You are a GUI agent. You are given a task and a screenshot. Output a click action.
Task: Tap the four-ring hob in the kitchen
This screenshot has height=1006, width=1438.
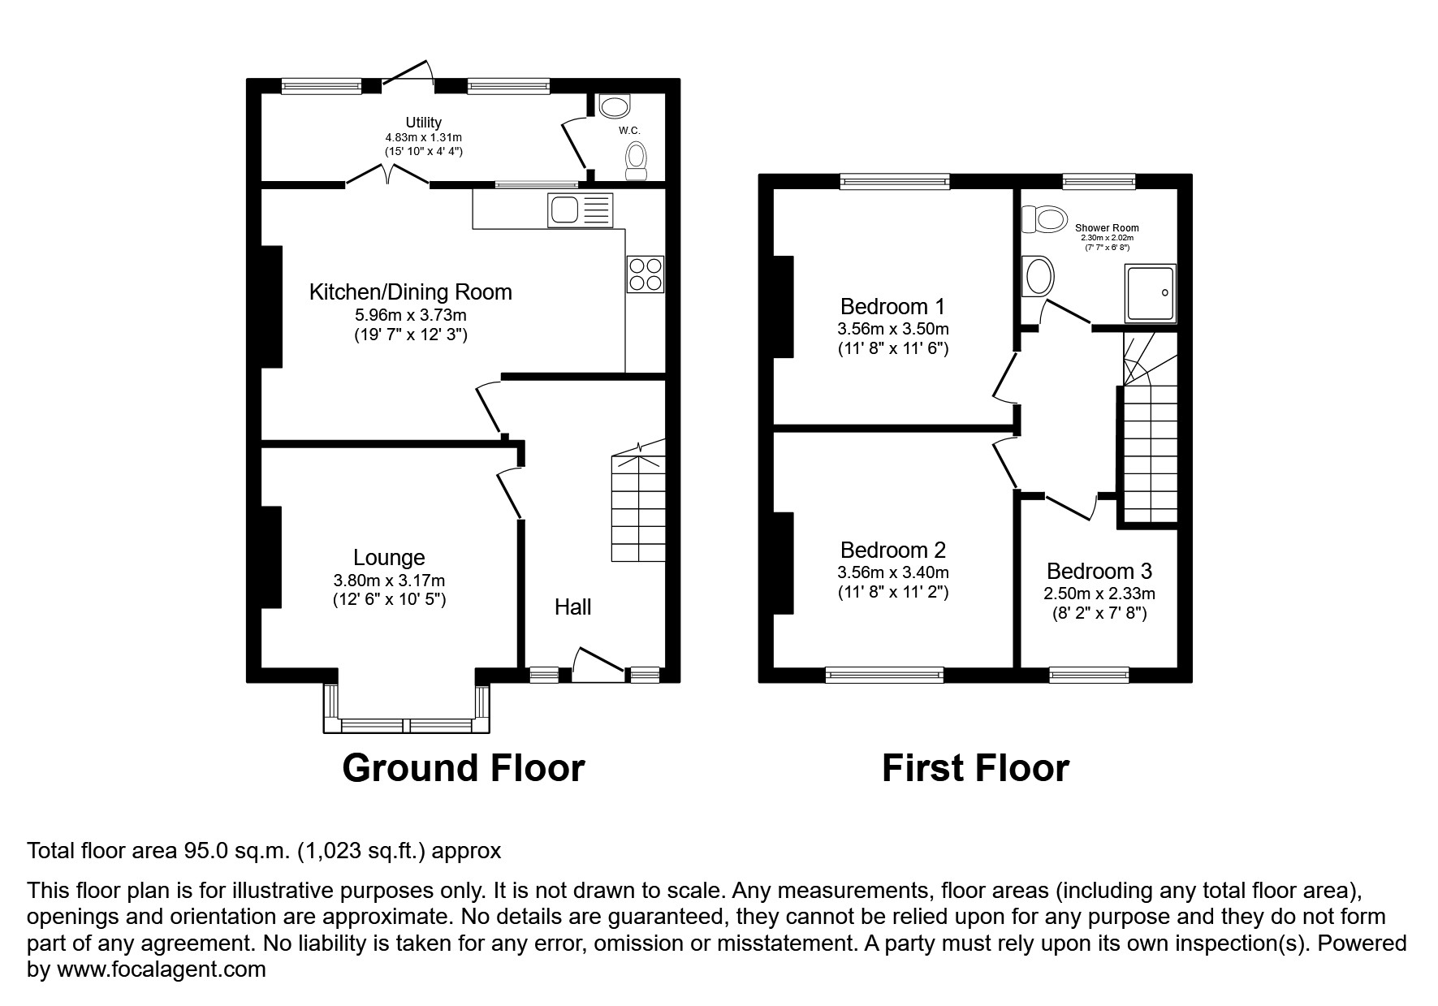coord(645,274)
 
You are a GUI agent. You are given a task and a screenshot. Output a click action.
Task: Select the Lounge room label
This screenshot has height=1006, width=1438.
coord(389,558)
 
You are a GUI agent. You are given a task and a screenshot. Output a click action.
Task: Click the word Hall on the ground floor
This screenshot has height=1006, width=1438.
coord(572,607)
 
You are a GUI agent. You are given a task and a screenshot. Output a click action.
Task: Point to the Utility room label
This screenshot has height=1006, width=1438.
coord(423,123)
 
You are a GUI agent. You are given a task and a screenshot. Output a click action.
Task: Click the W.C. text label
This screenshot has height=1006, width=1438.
coord(629,130)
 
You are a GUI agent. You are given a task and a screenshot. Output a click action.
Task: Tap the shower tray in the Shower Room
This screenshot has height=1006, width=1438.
coord(1150,292)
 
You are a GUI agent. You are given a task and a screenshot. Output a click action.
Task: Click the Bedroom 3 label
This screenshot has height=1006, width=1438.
coord(1099,572)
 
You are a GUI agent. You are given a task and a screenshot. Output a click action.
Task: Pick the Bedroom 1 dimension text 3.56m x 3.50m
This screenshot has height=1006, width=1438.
coord(892,329)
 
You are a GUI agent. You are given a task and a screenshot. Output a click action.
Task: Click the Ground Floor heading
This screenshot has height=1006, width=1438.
coord(463,768)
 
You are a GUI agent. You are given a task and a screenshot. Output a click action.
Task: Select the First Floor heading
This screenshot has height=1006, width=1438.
coord(974,768)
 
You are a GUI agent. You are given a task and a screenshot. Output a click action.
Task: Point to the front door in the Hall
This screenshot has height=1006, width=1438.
coord(599,662)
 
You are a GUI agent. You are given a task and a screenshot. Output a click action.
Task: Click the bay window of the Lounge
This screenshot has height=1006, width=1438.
coord(407,725)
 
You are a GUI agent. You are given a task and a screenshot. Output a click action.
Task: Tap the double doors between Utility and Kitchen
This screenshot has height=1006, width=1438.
coord(388,176)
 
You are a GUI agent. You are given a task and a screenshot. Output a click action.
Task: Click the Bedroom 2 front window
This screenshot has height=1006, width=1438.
coord(884,674)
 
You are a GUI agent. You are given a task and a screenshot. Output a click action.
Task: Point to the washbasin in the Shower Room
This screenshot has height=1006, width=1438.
coord(1039,276)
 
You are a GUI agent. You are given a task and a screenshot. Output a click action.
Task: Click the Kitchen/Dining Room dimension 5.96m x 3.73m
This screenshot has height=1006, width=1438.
coord(410,314)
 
